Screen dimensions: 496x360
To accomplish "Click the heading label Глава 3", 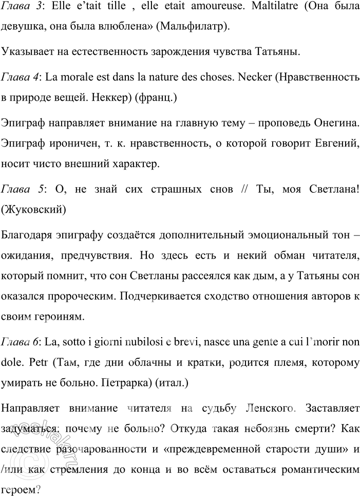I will (x=18, y=9).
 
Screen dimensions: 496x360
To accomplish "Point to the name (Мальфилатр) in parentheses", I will (x=194, y=27).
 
